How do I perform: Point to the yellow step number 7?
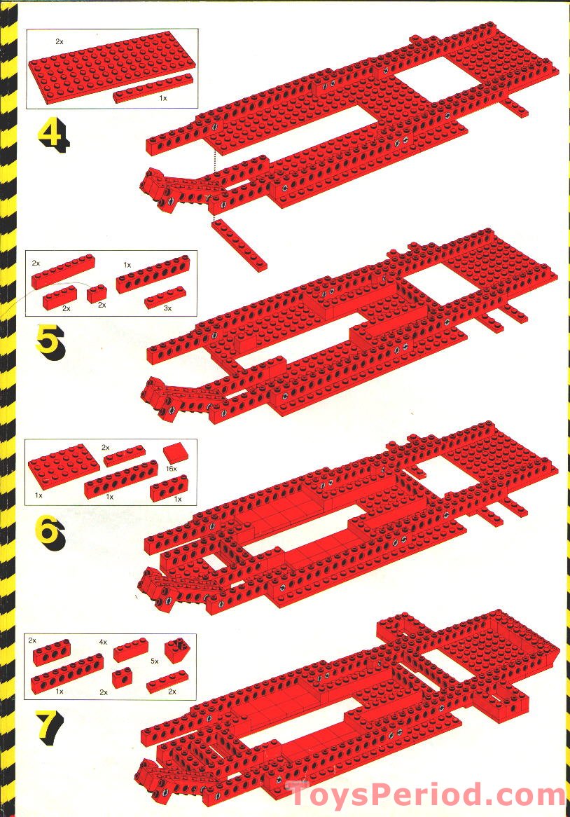[x=50, y=727]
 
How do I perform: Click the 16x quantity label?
[x=172, y=469]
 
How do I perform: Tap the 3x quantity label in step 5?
[x=167, y=308]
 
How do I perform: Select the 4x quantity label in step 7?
[x=103, y=643]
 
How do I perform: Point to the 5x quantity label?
[x=155, y=661]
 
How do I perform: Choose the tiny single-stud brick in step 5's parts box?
[x=97, y=294]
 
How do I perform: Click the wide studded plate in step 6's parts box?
[x=57, y=466]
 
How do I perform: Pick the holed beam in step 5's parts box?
[x=153, y=274]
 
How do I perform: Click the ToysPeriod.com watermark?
[x=425, y=796]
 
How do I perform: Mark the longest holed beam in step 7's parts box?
[x=67, y=674]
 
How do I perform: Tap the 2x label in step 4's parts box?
[x=60, y=41]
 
